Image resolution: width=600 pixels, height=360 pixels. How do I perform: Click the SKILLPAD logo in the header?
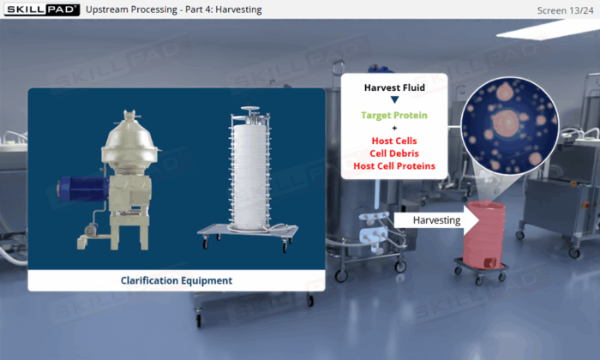pyautogui.click(x=42, y=9)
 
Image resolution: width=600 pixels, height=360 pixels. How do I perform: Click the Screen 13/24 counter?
pyautogui.click(x=565, y=10)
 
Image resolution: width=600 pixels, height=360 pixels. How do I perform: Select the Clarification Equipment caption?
pyautogui.click(x=177, y=280)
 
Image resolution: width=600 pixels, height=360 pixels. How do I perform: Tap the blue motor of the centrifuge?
pyautogui.click(x=82, y=189)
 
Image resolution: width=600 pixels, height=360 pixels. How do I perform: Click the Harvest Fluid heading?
pyautogui.click(x=394, y=87)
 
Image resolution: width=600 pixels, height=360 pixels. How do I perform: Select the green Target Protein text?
pyautogui.click(x=394, y=115)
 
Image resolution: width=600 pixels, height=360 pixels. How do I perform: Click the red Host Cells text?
pyautogui.click(x=394, y=141)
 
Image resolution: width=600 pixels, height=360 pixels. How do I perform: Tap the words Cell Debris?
pyautogui.click(x=394, y=153)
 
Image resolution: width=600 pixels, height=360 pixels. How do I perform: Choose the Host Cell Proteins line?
pyautogui.click(x=394, y=166)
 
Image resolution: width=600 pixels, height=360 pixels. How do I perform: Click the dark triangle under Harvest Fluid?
pyautogui.click(x=394, y=99)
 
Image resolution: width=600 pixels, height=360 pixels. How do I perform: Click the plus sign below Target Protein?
pyautogui.click(x=394, y=129)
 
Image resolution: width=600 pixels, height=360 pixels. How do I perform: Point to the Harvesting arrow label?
pyautogui.click(x=436, y=220)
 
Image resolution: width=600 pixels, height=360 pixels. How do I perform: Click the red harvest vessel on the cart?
pyautogui.click(x=484, y=235)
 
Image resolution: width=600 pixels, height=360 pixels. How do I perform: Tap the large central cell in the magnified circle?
pyautogui.click(x=506, y=123)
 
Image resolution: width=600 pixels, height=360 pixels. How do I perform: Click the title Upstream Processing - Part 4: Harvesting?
pyautogui.click(x=174, y=9)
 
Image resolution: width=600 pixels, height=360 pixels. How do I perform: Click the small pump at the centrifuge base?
pyautogui.click(x=90, y=231)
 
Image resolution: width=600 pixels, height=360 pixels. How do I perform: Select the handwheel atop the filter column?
pyautogui.click(x=249, y=110)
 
